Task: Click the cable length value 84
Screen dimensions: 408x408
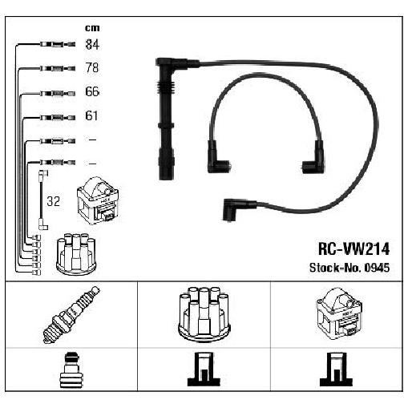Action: coord(92,44)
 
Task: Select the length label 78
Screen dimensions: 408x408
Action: coord(92,67)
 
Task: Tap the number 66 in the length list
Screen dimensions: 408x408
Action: coord(92,91)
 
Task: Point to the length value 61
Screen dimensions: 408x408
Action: coord(91,115)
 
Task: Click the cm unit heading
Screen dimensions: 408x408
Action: coord(92,28)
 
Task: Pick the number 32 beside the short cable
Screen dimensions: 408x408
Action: coord(53,201)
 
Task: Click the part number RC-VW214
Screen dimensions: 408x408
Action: coord(353,249)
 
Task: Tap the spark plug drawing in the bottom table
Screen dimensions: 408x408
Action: coord(71,314)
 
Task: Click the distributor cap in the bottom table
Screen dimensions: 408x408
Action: coord(204,314)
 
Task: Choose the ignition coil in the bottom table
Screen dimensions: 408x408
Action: coord(339,312)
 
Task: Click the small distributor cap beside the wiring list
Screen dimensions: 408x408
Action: coord(76,253)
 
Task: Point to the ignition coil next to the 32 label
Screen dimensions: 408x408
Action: coord(98,200)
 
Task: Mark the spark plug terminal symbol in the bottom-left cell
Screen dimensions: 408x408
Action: coord(71,370)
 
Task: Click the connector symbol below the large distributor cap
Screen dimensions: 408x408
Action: coord(204,370)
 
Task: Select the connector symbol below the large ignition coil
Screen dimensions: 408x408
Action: coord(337,370)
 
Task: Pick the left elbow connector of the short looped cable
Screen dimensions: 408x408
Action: coord(217,157)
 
